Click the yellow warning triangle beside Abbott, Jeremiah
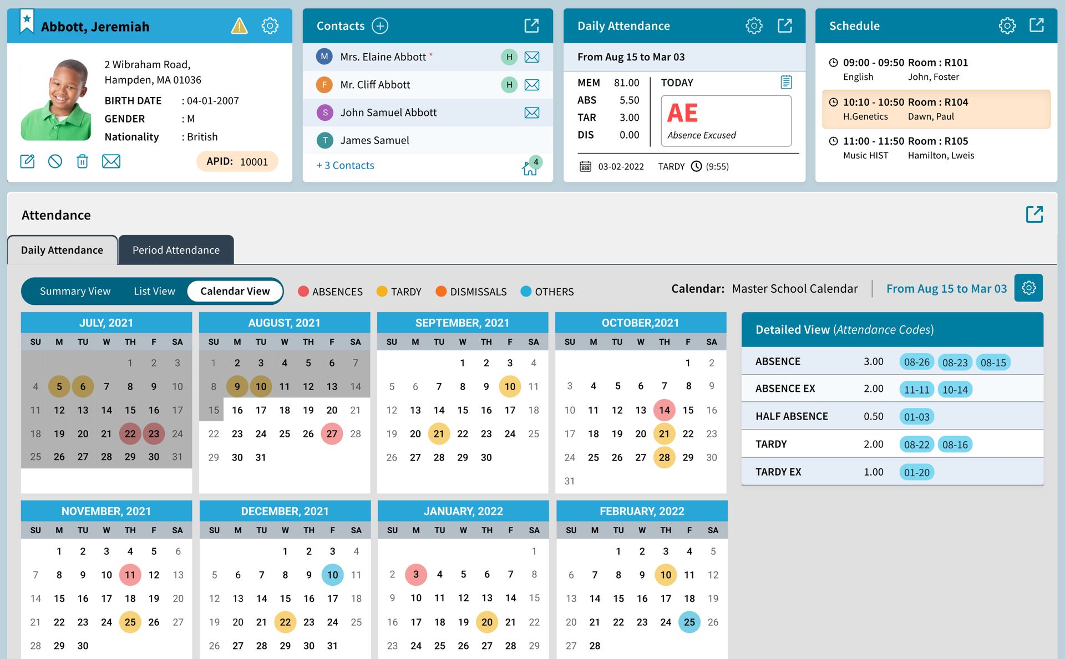239,26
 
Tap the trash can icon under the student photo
82,161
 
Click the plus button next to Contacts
380,26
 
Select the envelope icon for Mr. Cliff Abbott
531,85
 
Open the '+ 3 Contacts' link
345,165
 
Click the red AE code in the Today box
682,113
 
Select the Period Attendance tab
176,250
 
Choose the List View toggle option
154,291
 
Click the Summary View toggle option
75,291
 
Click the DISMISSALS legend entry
471,292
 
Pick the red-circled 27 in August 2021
332,434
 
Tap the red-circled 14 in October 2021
665,410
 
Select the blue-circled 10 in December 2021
333,575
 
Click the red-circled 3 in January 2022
416,575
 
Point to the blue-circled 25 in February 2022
689,622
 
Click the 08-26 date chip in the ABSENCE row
916,362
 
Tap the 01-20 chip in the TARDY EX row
916,472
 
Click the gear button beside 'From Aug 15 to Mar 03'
1028,288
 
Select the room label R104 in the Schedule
956,102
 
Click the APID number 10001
253,162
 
